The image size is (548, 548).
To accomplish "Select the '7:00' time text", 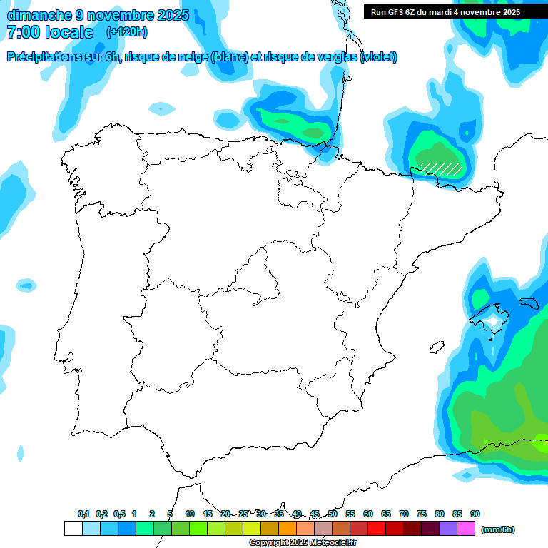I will click(x=23, y=32).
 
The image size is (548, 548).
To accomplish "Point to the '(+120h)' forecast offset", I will click(x=127, y=32).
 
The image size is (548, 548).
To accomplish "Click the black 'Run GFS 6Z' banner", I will click(x=445, y=12).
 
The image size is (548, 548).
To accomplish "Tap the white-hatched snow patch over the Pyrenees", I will click(x=440, y=168).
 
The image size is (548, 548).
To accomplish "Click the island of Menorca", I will click(x=529, y=303).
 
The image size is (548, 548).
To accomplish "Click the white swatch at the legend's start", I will click(x=73, y=529).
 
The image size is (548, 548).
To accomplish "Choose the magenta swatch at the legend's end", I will click(x=466, y=529).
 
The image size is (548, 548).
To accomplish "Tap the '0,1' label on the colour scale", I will click(x=83, y=514).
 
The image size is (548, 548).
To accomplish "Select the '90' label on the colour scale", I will click(x=475, y=514).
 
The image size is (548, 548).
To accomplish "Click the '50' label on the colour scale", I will click(x=333, y=514).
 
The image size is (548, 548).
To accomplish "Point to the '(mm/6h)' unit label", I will click(x=498, y=529).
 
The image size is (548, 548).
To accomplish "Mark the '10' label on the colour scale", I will click(x=190, y=514).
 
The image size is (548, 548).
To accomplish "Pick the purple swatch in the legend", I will click(x=448, y=529).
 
